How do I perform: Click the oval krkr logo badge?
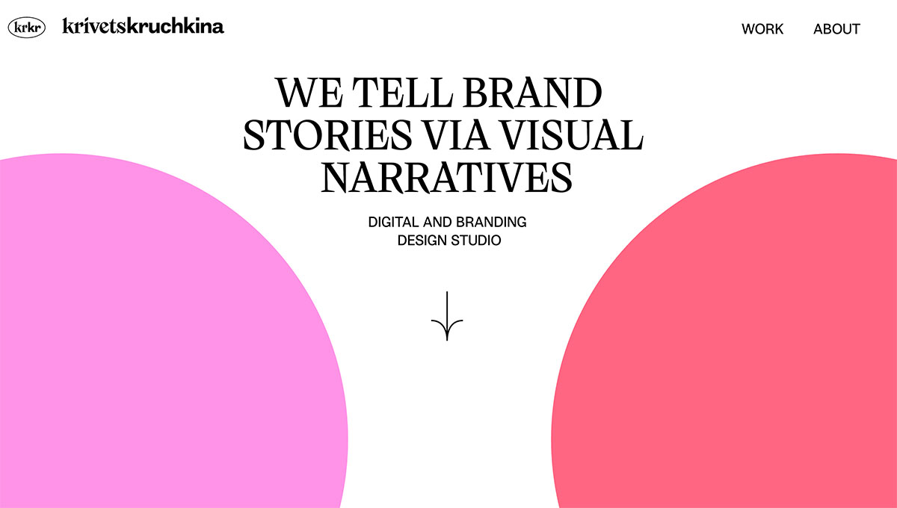click(x=26, y=28)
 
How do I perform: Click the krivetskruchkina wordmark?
click(x=144, y=26)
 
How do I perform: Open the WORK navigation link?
click(x=762, y=29)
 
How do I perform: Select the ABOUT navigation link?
click(x=836, y=29)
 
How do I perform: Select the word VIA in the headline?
click(x=457, y=136)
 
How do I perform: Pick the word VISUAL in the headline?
click(x=572, y=136)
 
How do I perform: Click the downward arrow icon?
click(x=447, y=317)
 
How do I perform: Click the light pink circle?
click(x=149, y=336)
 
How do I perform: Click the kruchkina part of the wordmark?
click(x=176, y=26)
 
